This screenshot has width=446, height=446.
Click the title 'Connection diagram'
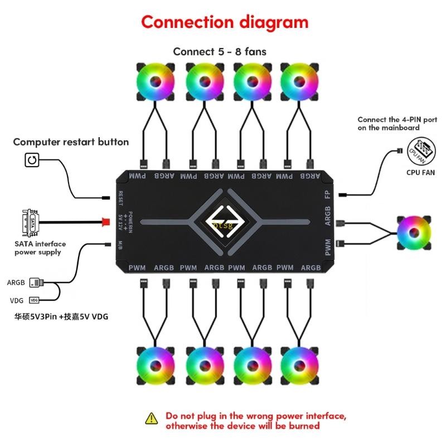coord(224,22)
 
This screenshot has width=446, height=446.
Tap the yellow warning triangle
coord(152,419)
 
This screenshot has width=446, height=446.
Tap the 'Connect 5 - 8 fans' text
coord(220,51)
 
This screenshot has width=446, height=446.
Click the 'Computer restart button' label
coord(71,142)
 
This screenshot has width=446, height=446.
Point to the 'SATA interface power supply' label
coord(40,248)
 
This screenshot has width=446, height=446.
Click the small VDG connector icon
coord(35,300)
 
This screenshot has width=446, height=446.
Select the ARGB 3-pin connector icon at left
coord(36,283)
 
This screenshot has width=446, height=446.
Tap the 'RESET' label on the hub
coord(120,198)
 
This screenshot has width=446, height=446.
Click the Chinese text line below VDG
coord(61,317)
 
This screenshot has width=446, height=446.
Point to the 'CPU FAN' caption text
coord(421,173)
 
